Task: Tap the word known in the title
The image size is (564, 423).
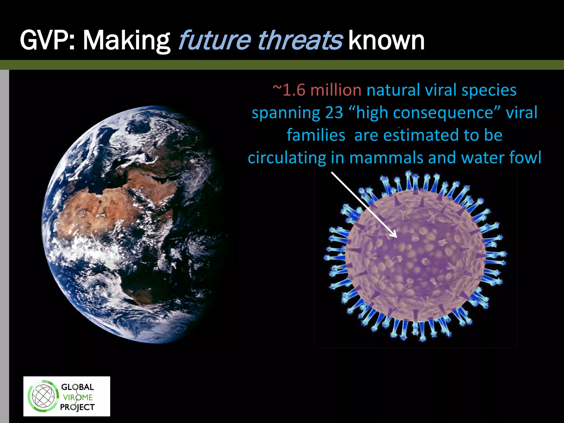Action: click(386, 41)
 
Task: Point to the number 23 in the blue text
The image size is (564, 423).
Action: click(334, 113)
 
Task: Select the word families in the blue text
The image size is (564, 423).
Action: click(316, 135)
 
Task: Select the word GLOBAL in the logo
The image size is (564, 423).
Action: click(77, 387)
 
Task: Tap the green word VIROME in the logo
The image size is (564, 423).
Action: click(78, 397)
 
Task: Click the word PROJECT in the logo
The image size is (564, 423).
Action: click(77, 407)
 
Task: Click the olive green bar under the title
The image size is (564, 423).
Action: click(282, 65)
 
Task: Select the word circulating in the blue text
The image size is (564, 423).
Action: click(287, 158)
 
